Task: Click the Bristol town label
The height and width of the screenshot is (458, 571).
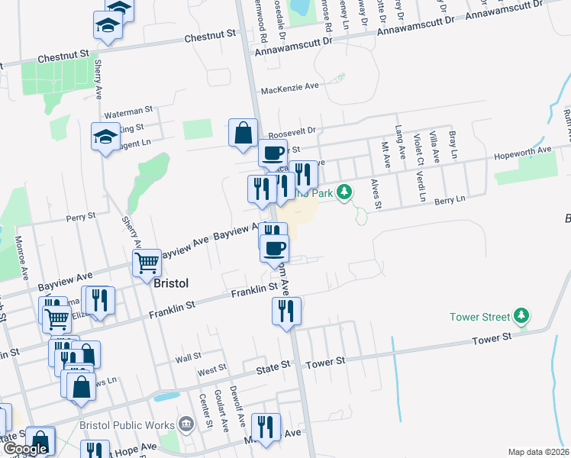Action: [x=171, y=282]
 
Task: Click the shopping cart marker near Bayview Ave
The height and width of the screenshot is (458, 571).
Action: [x=147, y=263]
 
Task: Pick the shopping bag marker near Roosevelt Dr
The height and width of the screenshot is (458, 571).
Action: [x=243, y=133]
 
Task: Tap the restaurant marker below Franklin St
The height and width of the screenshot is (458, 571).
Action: [x=286, y=310]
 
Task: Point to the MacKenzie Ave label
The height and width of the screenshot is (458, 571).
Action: [x=289, y=88]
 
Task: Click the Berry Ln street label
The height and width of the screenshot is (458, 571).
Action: [x=450, y=200]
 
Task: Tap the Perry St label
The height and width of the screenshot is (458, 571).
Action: [x=80, y=217]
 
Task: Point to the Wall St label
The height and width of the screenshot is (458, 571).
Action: [x=188, y=356]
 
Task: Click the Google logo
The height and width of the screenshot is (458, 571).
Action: [x=25, y=449]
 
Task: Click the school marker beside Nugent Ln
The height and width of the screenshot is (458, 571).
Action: [x=105, y=137]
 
